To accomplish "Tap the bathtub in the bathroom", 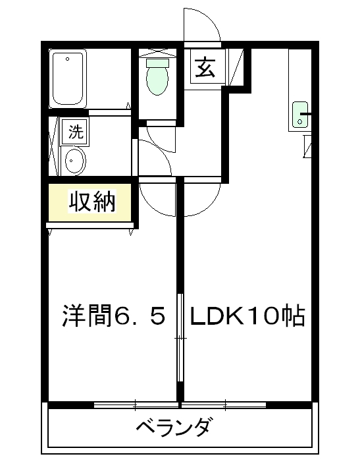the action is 68,78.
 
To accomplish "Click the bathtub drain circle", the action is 68,59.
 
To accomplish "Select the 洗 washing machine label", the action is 75,132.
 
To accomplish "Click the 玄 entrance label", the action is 205,67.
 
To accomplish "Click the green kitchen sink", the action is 300,115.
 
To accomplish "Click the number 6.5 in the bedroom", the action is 140,316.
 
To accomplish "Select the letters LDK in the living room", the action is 217,316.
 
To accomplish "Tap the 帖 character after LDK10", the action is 294,316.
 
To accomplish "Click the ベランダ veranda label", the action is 172,426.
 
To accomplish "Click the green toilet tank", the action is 157,63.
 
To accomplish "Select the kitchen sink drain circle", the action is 299,121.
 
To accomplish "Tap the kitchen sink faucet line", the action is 306,114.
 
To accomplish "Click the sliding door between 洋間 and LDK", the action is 180,337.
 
